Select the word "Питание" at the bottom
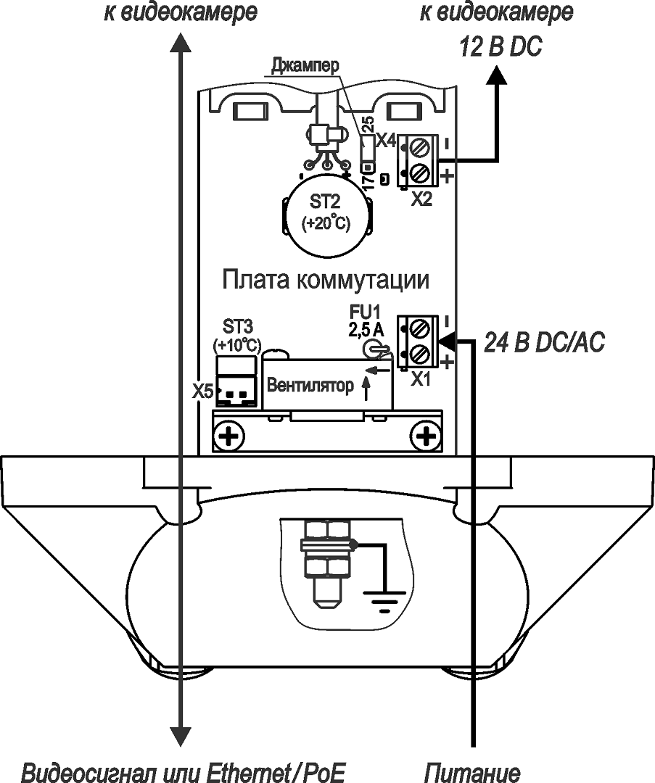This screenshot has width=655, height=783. click(x=472, y=771)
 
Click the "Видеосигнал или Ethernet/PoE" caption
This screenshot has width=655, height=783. click(x=183, y=771)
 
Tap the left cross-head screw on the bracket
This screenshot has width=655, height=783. click(x=231, y=436)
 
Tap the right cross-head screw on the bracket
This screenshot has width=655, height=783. click(x=424, y=436)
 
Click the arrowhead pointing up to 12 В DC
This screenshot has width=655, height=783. click(x=498, y=74)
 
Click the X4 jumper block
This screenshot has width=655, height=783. click(x=368, y=150)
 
